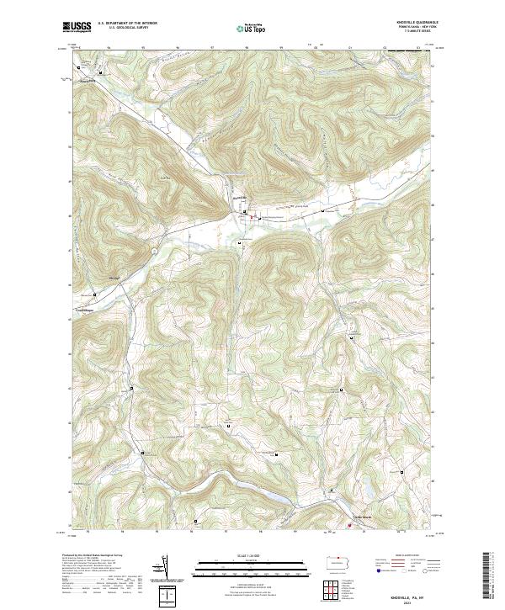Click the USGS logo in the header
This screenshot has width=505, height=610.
click(x=77, y=27)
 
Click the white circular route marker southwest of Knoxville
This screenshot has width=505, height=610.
click(x=154, y=250)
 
